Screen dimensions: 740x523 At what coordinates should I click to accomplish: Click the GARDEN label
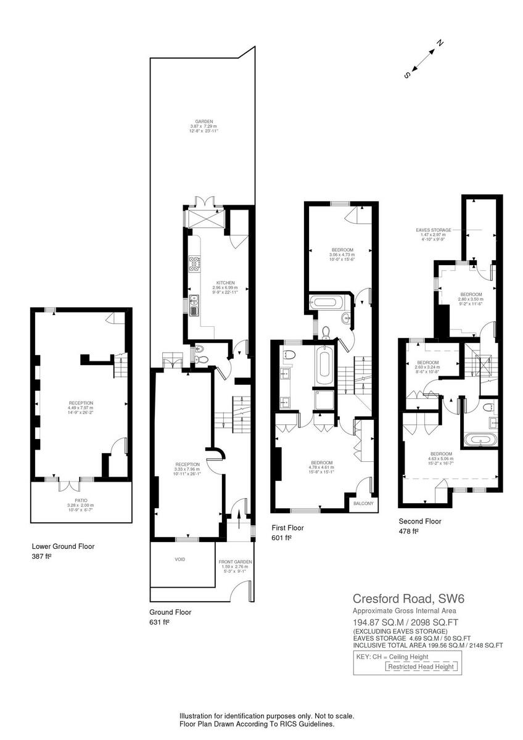point(204,122)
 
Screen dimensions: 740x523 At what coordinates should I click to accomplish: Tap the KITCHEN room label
point(208,282)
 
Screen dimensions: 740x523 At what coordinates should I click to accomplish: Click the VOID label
point(179,559)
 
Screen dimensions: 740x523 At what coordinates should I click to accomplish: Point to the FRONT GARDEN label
point(234,562)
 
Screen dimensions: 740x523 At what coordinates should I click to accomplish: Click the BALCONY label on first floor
point(363,504)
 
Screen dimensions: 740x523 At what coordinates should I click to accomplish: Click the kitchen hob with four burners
point(194,264)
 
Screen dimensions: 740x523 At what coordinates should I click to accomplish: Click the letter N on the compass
point(440,43)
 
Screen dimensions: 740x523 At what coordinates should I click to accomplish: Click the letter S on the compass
point(406,75)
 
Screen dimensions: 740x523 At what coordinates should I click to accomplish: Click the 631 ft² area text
point(159,622)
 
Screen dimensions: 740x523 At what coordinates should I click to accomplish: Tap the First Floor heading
point(287,528)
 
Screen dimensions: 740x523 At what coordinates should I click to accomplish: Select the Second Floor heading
point(420,521)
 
